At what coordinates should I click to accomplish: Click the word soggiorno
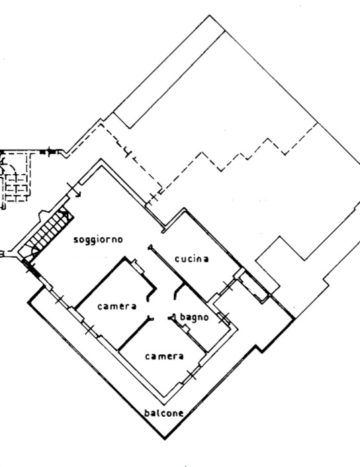(x=98, y=240)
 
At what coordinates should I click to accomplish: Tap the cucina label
(x=192, y=259)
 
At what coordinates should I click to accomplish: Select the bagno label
(x=195, y=317)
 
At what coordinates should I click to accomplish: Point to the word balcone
(x=163, y=413)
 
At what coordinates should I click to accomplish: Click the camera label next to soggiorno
(x=117, y=306)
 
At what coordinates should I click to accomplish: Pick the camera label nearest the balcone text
(x=164, y=356)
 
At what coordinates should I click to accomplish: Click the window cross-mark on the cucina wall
(x=228, y=285)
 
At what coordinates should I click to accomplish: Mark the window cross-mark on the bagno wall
(x=224, y=318)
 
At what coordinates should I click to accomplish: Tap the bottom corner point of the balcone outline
(x=165, y=439)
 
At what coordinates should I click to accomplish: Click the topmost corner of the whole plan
(x=210, y=15)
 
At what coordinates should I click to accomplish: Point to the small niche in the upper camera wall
(x=138, y=266)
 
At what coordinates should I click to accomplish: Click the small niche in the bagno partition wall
(x=185, y=329)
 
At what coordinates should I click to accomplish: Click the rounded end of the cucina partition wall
(x=150, y=247)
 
